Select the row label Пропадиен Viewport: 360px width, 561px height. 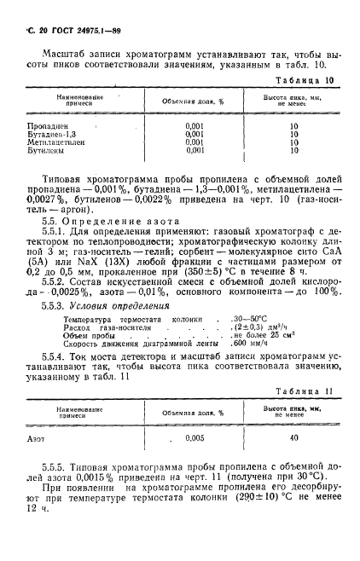click(x=47, y=127)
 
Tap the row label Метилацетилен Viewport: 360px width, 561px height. click(x=55, y=142)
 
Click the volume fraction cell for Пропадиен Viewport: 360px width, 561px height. click(x=195, y=127)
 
